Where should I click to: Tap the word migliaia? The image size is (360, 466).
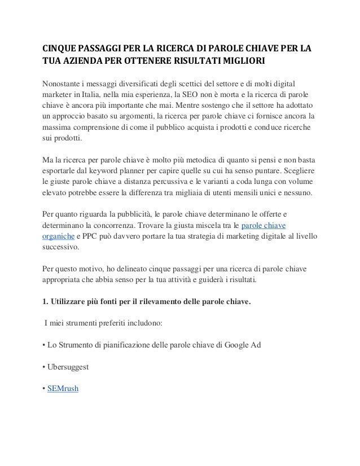click(x=185, y=193)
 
